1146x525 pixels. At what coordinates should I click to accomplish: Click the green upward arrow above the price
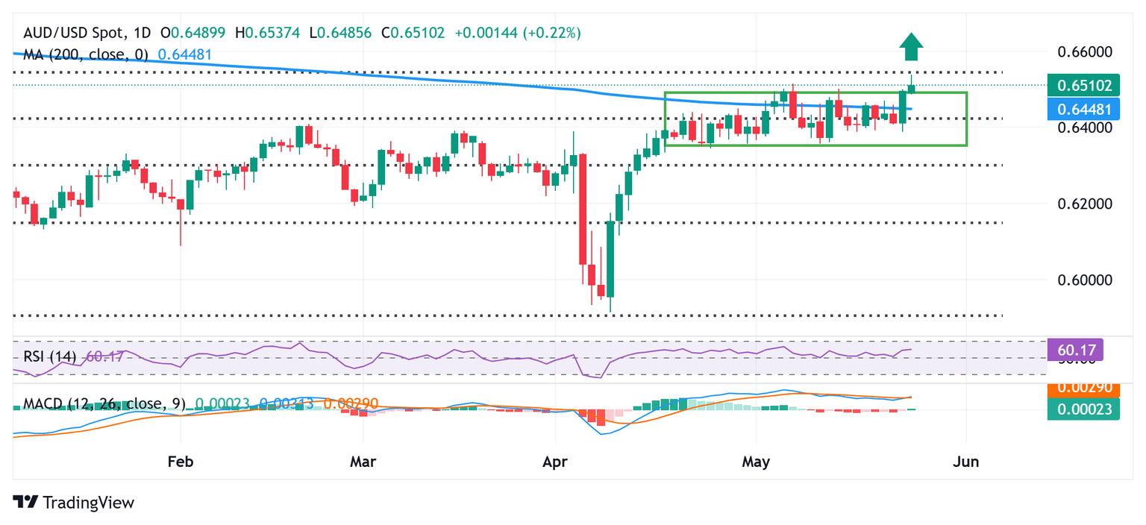click(911, 47)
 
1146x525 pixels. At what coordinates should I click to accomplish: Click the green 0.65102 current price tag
click(1083, 85)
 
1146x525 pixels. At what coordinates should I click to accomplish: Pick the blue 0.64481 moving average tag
click(1083, 109)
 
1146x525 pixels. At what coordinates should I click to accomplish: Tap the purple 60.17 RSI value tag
click(1075, 348)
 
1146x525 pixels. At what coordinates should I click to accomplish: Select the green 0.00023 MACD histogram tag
click(1083, 409)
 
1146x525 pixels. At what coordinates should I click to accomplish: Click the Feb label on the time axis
click(181, 462)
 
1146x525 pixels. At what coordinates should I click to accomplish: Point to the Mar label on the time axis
click(363, 462)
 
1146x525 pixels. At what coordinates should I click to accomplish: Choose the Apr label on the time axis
click(556, 462)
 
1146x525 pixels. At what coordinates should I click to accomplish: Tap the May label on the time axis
click(756, 462)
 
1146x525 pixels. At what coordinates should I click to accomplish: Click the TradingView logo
click(74, 503)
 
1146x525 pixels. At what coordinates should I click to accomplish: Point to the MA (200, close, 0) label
click(86, 54)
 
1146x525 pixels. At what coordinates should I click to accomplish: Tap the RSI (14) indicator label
click(49, 356)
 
